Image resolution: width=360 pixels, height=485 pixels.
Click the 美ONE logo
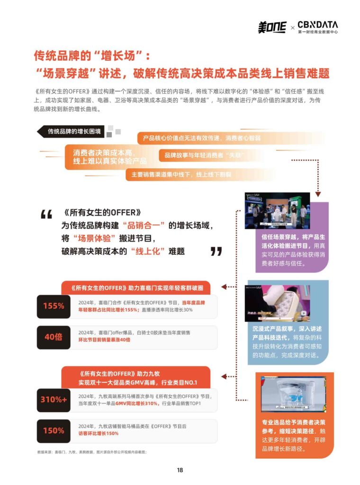click(272, 27)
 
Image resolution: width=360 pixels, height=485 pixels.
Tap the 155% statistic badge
click(54, 306)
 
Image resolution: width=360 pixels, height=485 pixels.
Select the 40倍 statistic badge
click(54, 337)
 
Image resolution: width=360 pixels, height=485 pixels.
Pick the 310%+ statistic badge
click(54, 399)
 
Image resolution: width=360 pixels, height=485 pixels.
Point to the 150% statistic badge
click(54, 430)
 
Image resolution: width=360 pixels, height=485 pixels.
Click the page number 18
click(180, 470)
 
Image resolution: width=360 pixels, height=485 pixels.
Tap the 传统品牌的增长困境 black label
click(73, 131)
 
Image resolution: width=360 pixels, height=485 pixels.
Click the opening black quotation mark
click(46, 215)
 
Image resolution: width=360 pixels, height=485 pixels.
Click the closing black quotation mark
click(216, 251)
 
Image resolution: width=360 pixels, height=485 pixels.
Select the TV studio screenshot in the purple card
click(277, 210)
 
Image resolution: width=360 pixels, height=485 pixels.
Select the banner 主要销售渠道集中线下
click(178, 174)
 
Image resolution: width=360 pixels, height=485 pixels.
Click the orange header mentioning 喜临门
click(135, 288)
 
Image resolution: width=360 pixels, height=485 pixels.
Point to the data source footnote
click(92, 452)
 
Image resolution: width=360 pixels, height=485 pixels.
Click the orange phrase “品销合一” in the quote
click(144, 225)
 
